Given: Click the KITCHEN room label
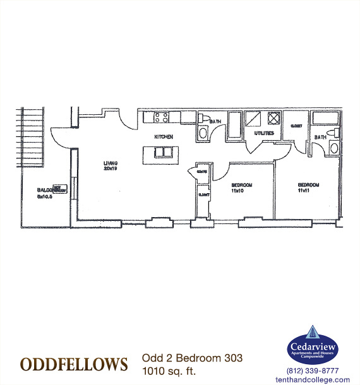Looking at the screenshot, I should (x=164, y=137).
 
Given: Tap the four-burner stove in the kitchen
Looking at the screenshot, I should (x=160, y=117).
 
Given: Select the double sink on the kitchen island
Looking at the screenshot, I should (x=163, y=152).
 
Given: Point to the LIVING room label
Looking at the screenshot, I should (x=111, y=163).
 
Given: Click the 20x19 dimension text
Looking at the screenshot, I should (x=111, y=169).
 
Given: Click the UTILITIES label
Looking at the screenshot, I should (x=264, y=134).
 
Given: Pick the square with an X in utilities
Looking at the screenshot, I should (x=274, y=118).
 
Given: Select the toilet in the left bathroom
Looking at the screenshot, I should (x=202, y=133).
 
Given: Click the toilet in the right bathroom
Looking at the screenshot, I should (x=333, y=148).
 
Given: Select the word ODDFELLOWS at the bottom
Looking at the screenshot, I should (x=74, y=364).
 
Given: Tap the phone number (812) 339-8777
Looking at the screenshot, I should (x=313, y=370).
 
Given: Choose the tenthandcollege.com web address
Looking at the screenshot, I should (x=313, y=379).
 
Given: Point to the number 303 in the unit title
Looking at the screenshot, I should (x=232, y=358).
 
